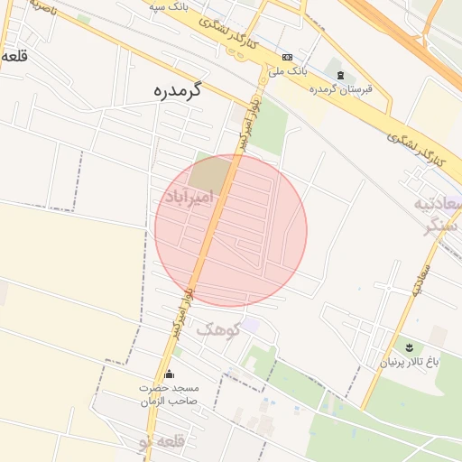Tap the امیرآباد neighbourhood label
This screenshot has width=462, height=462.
(188, 196)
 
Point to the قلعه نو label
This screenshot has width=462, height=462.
(161, 442)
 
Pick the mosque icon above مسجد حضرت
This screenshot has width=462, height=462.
(169, 374)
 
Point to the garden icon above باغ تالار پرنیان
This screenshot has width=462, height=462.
(409, 347)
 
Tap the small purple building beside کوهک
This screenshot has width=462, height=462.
(250, 325)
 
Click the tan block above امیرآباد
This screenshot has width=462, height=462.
(211, 173)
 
